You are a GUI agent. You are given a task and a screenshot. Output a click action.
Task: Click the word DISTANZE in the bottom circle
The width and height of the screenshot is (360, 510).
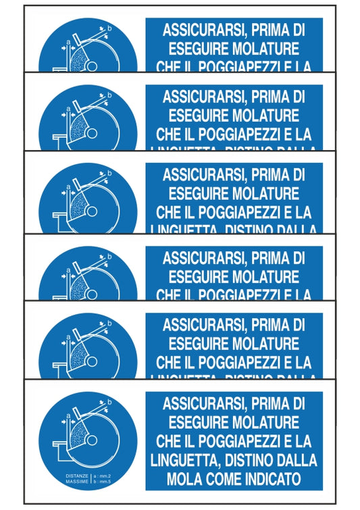point(77,476)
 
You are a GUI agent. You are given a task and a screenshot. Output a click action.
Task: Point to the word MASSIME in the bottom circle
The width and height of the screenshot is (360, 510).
point(77,482)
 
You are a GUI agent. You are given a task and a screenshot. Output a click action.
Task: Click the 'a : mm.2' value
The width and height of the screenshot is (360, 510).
point(103,476)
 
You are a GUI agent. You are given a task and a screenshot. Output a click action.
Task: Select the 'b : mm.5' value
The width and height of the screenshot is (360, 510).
point(103,482)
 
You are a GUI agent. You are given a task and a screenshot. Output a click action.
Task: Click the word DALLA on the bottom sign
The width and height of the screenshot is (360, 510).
point(297,460)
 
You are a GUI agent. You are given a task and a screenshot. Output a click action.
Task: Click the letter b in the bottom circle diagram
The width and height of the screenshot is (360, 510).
point(110,402)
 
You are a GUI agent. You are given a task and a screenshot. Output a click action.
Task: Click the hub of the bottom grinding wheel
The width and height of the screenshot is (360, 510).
point(91,442)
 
